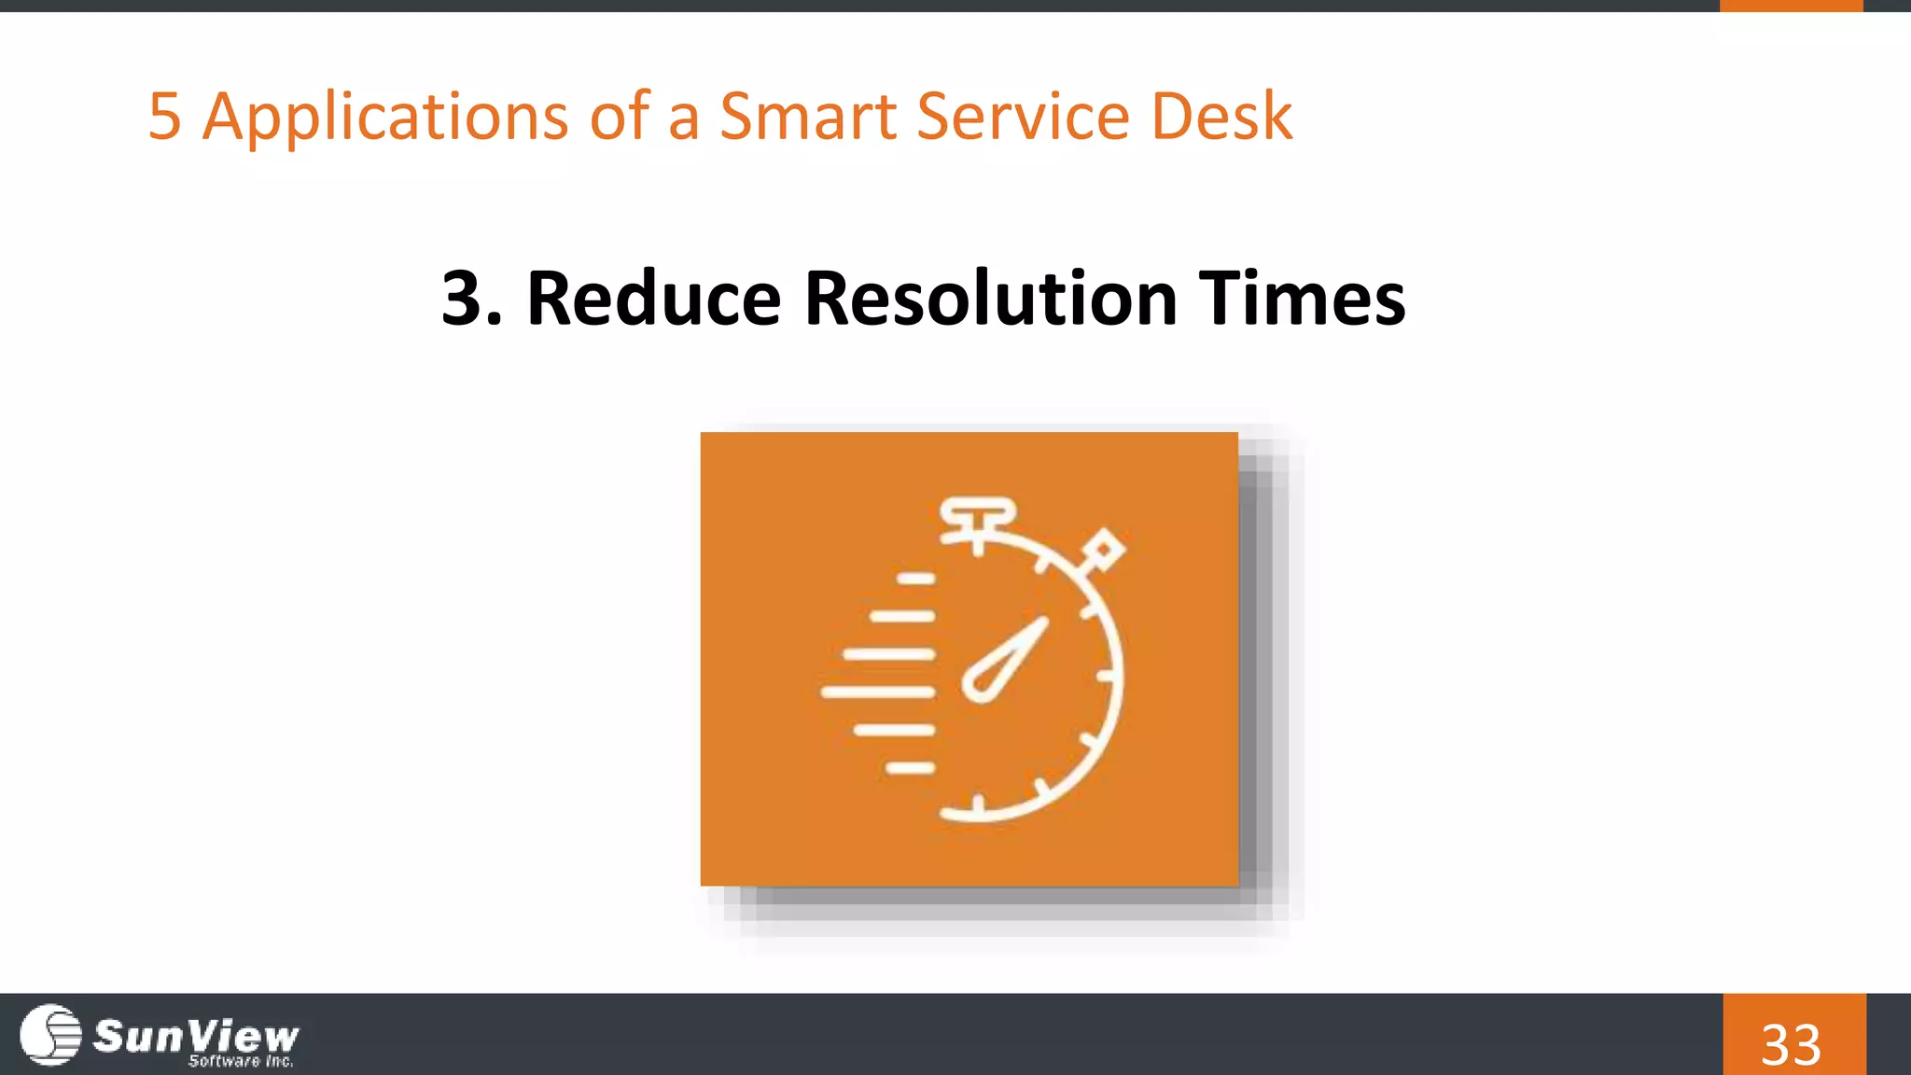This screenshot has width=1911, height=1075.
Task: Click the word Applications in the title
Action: tap(385, 117)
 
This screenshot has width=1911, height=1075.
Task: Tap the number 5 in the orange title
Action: tap(164, 117)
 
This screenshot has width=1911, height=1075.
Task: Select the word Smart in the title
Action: tap(809, 117)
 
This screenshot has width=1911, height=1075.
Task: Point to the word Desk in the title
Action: tap(1221, 117)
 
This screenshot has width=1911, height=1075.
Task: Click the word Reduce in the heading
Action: tap(653, 299)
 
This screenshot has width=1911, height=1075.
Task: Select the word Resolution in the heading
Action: tap(990, 299)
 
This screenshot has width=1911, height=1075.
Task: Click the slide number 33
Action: tap(1792, 1043)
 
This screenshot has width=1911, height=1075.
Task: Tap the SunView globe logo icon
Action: tap(50, 1034)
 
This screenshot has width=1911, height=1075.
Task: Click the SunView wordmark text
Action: tap(196, 1034)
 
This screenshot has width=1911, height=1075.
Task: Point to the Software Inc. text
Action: tap(241, 1061)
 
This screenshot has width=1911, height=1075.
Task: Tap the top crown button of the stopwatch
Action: tap(977, 514)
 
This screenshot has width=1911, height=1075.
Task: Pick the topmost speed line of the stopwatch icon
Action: tap(915, 579)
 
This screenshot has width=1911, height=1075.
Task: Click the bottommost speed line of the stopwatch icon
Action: tap(910, 768)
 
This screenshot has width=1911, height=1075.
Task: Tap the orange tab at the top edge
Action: tap(1791, 6)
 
